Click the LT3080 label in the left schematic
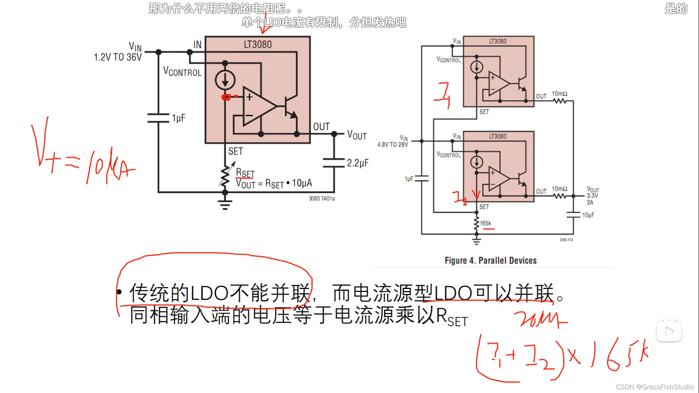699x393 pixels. pos(257,44)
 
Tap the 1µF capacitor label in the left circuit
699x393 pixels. pos(178,118)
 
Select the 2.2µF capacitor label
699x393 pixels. pos(358,163)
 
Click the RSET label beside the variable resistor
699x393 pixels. pos(245,173)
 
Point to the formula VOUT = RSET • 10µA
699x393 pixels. pos(274,183)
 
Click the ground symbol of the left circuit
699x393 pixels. pos(225,205)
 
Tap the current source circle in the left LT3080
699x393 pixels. pos(225,80)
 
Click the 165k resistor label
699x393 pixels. pos(485,223)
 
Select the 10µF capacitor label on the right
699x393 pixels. pos(588,215)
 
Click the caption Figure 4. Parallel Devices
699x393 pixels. pos(490,261)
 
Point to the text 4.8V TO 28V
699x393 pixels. pos(392,144)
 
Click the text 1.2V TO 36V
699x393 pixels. pos(118,57)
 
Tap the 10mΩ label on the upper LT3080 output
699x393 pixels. pos(559,94)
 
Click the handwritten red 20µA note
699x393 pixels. pos(541,319)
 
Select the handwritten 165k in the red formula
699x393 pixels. pos(619,355)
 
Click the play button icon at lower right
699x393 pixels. pos(669,332)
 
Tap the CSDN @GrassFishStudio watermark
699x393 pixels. pos(655,387)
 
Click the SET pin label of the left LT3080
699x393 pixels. pos(235,151)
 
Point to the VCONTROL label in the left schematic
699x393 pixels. pos(182,71)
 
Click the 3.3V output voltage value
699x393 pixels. pos(592,196)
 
